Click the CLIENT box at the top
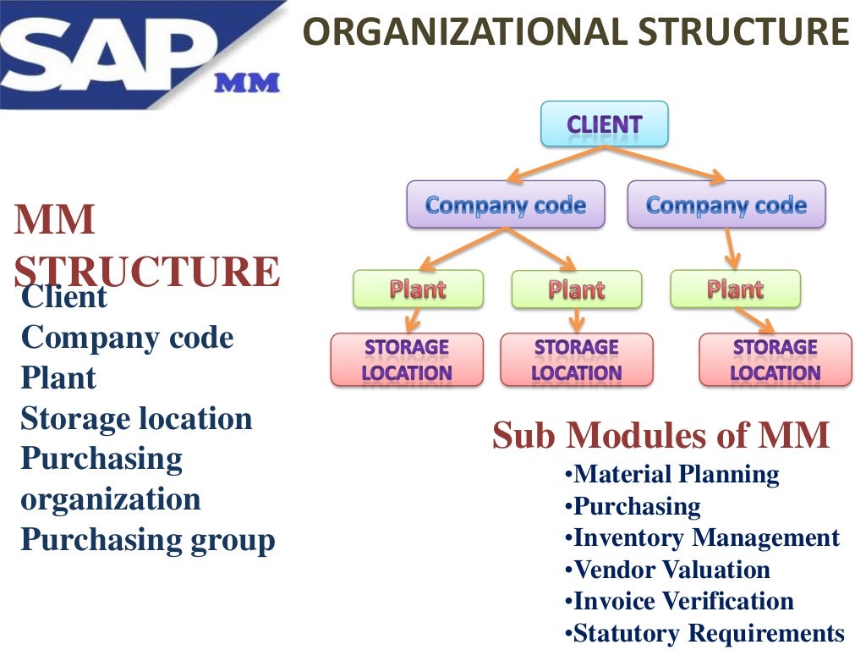tap(604, 124)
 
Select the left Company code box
tap(505, 204)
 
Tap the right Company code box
tap(726, 204)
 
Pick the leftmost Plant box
tap(418, 289)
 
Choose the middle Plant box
tap(576, 289)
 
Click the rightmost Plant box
tap(735, 289)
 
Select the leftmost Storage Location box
tap(407, 360)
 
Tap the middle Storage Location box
tap(576, 360)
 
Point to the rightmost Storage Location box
tap(775, 360)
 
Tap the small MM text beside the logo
tap(246, 83)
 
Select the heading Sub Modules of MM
tap(660, 436)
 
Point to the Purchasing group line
tap(148, 539)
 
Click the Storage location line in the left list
tap(136, 418)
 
